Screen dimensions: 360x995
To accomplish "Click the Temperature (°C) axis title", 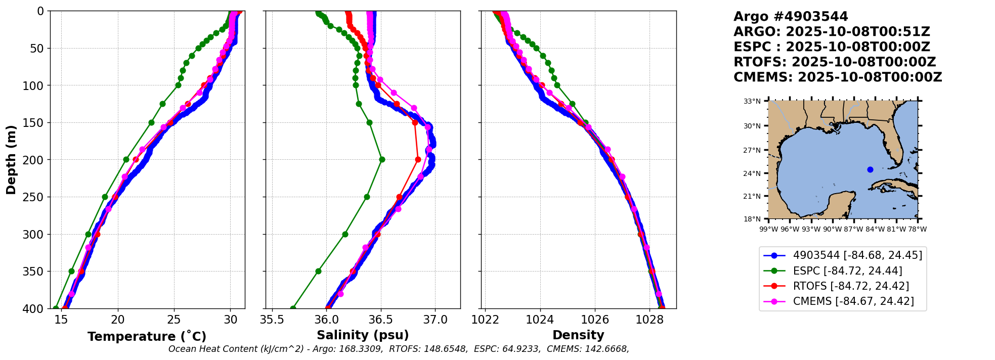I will click(x=147, y=337).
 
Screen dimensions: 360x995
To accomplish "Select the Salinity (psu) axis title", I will click(x=363, y=335).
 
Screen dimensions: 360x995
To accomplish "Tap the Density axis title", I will click(x=578, y=335).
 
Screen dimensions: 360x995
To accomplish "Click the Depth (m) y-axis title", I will click(x=11, y=159).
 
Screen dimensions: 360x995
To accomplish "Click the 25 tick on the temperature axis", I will click(x=174, y=320).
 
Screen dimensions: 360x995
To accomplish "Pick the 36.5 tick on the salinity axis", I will click(x=380, y=320).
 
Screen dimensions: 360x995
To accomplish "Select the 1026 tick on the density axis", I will click(x=594, y=320).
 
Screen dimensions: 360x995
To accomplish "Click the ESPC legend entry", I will click(x=847, y=271).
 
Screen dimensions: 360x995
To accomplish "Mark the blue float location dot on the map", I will click(x=870, y=169).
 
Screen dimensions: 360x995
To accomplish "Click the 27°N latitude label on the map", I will click(x=752, y=150).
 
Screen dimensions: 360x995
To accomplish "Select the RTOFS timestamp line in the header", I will click(x=835, y=62).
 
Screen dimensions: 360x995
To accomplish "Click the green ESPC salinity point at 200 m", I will click(x=382, y=159).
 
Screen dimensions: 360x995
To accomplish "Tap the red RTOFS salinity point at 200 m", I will click(x=418, y=159).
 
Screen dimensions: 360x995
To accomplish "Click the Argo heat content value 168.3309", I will click(x=362, y=349).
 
